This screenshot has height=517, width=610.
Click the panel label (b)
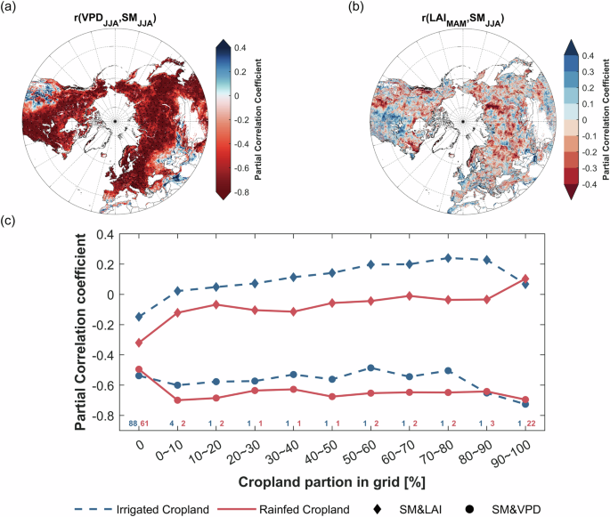pyautogui.click(x=318, y=9)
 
